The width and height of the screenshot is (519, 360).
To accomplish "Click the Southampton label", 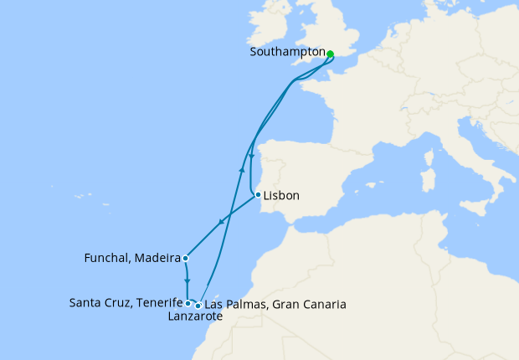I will pos(287,52).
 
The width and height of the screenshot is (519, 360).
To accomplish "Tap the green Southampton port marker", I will pos(330,54).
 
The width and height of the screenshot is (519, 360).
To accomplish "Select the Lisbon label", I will pos(281,197).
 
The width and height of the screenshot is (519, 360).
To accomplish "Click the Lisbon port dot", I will pos(257,195).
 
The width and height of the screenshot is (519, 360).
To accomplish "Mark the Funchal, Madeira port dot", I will pos(184,258).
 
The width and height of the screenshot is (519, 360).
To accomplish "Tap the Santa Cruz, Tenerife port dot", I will pos(188,303).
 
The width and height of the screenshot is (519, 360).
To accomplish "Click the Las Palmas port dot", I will pos(198,306).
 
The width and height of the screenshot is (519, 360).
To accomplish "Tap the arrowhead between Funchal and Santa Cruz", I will pos(187,280).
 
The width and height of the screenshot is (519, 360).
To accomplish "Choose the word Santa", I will pos(86,303).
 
